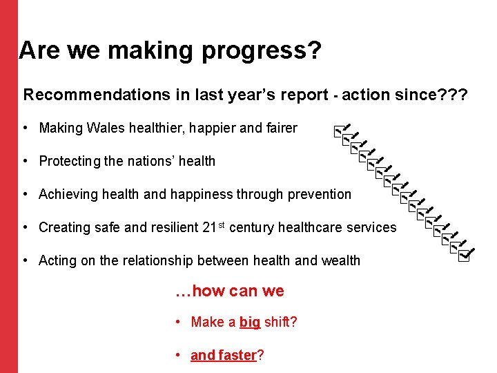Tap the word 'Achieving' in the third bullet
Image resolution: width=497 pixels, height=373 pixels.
pyautogui.click(x=68, y=194)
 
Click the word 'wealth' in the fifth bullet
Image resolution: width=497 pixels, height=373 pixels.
pyautogui.click(x=340, y=260)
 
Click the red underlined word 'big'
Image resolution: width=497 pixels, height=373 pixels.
pyautogui.click(x=250, y=322)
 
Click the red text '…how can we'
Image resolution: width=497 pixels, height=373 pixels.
pyautogui.click(x=230, y=291)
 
